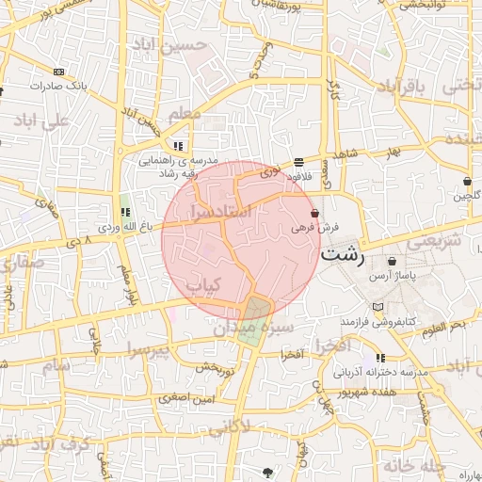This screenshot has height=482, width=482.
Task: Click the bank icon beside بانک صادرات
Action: point(60,72)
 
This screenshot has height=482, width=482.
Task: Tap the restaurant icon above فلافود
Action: point(298,161)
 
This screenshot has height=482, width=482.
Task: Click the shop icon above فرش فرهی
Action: point(313,214)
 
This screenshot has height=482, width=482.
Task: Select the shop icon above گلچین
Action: point(467,181)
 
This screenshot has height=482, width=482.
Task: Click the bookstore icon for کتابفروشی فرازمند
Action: point(378,308)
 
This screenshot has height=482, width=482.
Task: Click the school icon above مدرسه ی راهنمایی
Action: point(177,146)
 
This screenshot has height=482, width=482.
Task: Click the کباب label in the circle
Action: point(201,283)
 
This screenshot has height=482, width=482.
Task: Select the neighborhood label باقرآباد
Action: point(403,87)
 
